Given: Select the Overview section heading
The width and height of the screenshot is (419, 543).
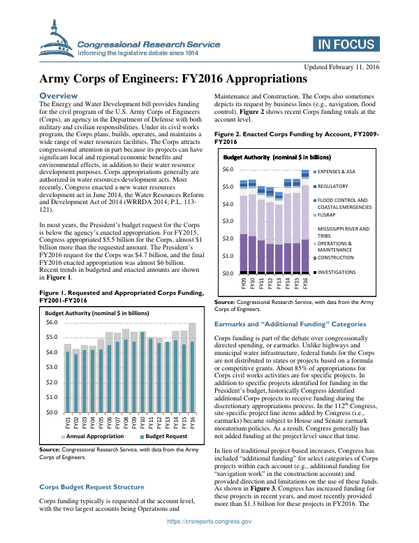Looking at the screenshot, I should pos(59,95).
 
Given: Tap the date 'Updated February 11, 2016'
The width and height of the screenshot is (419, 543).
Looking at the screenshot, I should pos(341,66).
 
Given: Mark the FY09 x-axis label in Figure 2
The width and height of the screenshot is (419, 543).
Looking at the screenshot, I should pos(243,284).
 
